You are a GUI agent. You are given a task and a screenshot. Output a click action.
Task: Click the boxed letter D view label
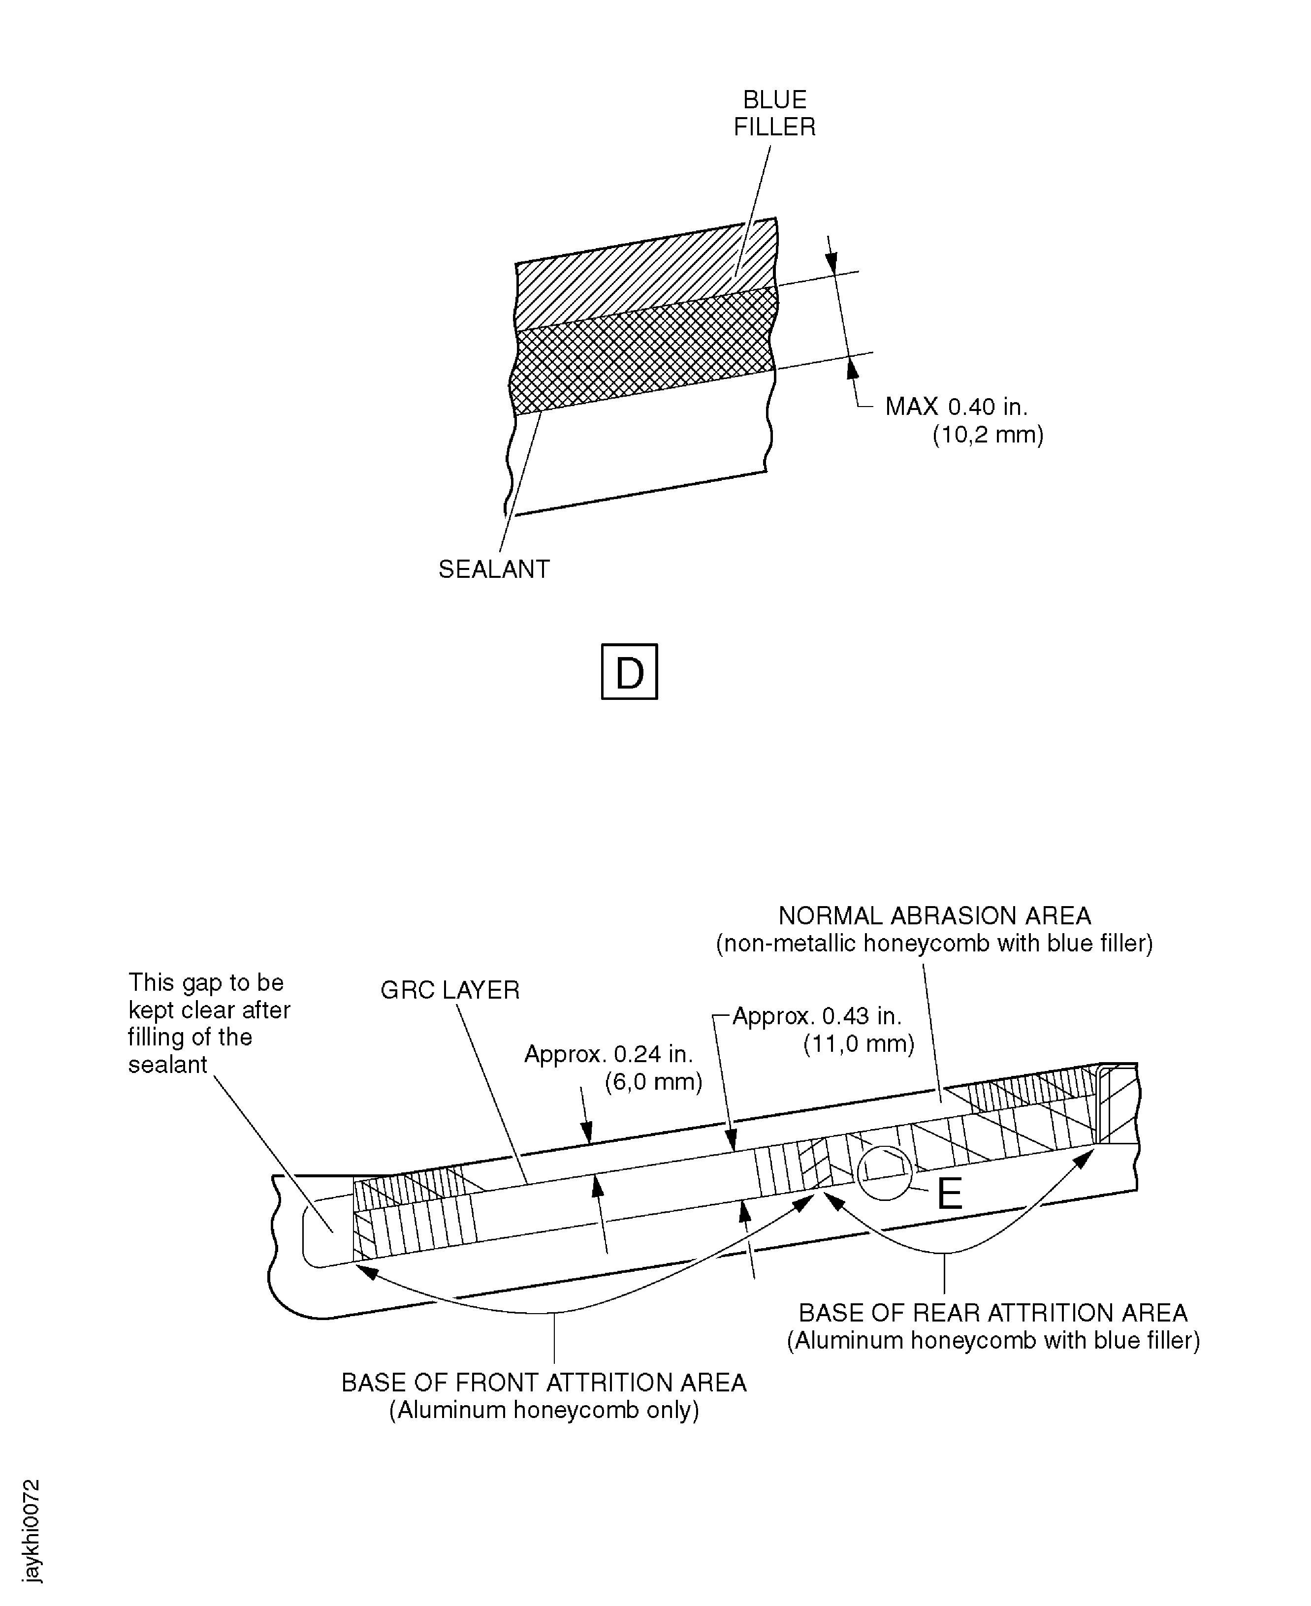629,671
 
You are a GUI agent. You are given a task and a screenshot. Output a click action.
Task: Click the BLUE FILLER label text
775,113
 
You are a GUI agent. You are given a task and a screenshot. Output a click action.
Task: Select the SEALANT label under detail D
494,568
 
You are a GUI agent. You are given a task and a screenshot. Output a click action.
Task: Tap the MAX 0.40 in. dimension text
956,407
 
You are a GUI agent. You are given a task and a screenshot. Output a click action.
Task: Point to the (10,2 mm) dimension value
988,435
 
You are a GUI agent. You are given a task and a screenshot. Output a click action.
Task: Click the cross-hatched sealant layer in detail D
643,351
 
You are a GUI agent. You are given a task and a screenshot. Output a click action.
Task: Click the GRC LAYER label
450,990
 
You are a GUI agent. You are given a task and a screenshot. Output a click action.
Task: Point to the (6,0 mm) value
653,1081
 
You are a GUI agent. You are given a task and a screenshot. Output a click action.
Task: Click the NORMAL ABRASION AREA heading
935,916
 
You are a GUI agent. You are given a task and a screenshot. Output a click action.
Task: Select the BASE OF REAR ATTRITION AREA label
993,1313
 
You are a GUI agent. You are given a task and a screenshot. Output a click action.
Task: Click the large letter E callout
949,1195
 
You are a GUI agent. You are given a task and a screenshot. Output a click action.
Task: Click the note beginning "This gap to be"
209,1023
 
